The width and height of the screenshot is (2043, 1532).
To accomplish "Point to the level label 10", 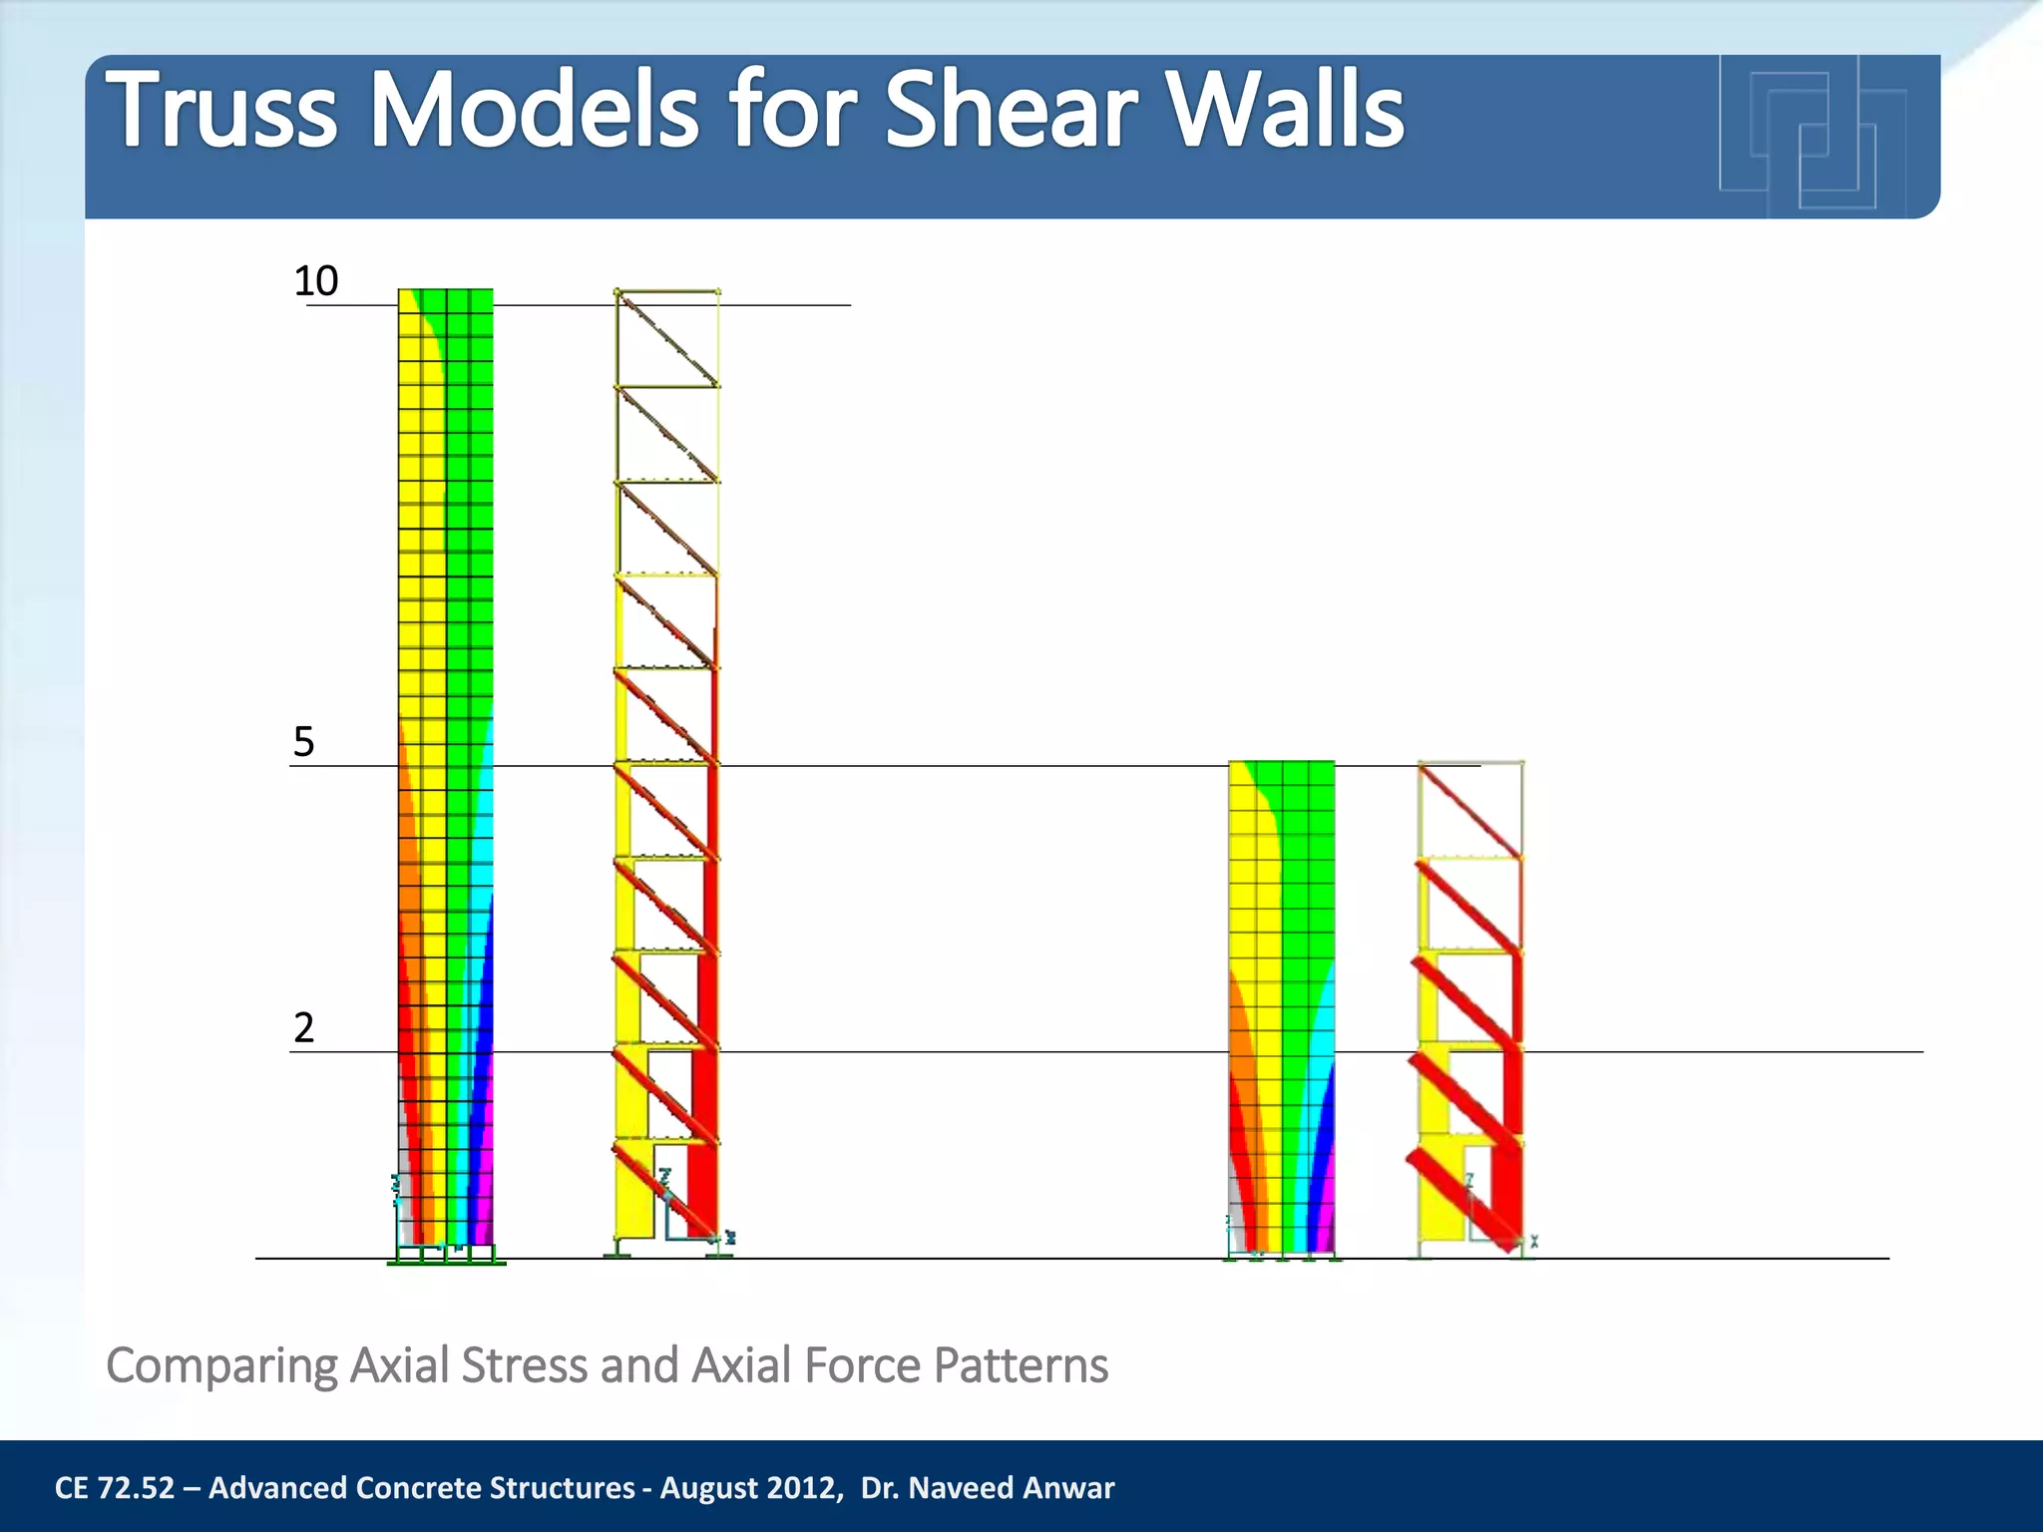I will click(x=316, y=281).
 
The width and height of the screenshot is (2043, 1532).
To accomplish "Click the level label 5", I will click(x=303, y=742).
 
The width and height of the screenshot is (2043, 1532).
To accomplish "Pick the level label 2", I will click(x=303, y=1027).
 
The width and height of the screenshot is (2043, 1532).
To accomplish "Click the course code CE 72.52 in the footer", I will click(x=115, y=1488).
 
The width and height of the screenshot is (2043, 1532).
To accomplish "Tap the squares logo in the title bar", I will click(x=1811, y=135).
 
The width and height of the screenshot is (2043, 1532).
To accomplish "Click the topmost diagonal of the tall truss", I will click(x=667, y=338).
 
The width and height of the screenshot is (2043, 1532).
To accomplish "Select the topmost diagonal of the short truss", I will click(x=1470, y=810).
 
